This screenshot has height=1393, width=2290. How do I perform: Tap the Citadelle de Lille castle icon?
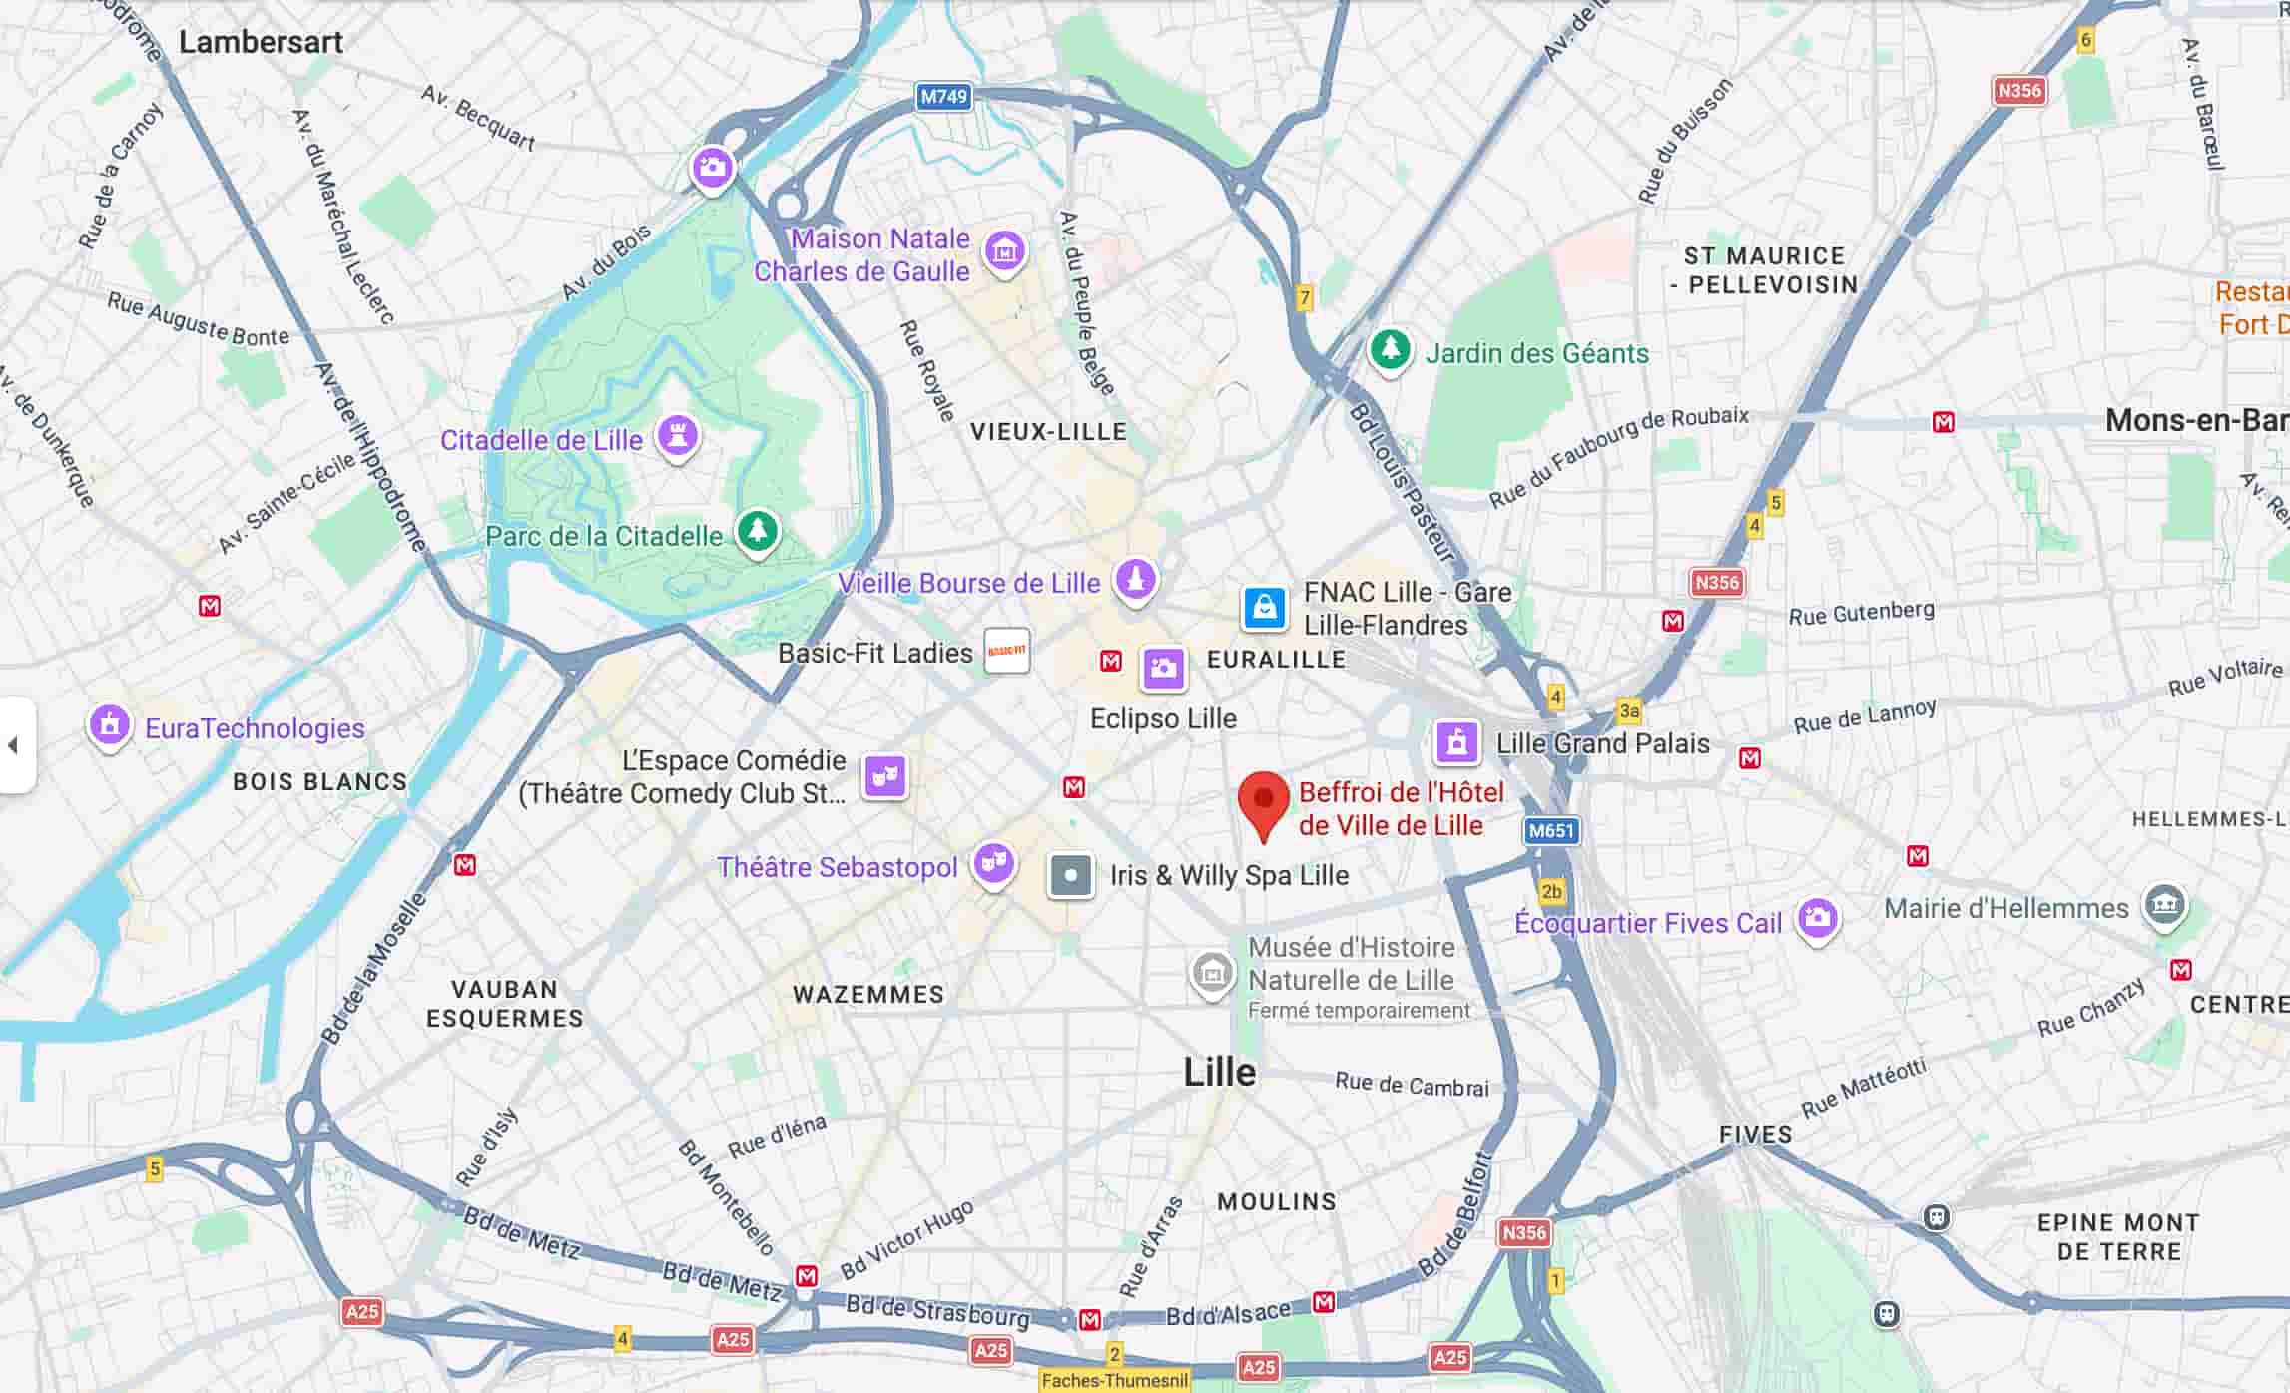pos(678,435)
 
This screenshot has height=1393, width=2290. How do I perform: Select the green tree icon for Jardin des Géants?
pos(1389,350)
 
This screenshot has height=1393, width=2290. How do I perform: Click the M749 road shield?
pos(943,97)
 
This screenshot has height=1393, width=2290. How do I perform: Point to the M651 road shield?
pos(1551,830)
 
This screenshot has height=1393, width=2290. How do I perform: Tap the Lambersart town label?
pos(261,42)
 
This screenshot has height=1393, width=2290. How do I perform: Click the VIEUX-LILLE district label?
pos(1048,432)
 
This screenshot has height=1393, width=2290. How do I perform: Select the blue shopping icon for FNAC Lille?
pos(1264,607)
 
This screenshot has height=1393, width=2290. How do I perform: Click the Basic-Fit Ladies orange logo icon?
pos(1006,651)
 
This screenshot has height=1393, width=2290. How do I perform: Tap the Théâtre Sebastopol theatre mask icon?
pos(993,862)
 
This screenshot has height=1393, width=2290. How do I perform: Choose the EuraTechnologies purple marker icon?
pos(110,724)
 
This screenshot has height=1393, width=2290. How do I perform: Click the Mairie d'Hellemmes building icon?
pos(2164,905)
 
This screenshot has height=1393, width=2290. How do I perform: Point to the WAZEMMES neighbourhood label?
pos(867,995)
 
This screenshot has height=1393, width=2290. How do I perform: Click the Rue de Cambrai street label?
pos(1412,1085)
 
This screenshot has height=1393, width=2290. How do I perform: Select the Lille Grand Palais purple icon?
pos(1456,742)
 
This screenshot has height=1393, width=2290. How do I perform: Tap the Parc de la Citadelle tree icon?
pos(757,530)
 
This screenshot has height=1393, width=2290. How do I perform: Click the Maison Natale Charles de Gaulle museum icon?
pos(1004,251)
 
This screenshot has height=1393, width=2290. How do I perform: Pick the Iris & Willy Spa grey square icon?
pos(1070,876)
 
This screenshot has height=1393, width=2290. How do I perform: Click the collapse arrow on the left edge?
pos(13,745)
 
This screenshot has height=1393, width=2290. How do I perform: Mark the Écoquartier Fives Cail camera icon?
pos(1817,917)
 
